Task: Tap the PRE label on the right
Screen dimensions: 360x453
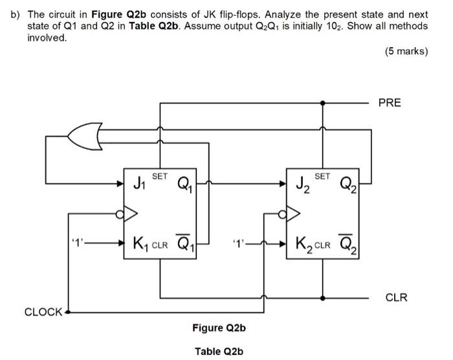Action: (x=390, y=102)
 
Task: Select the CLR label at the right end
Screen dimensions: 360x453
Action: (x=396, y=297)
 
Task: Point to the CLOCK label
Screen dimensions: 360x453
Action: (x=43, y=312)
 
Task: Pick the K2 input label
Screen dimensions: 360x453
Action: (x=304, y=244)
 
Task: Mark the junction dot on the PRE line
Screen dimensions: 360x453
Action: (x=322, y=102)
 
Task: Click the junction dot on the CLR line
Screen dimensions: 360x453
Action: (x=322, y=297)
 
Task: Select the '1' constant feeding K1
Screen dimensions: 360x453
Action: (x=78, y=244)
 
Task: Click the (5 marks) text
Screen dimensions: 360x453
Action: (x=406, y=51)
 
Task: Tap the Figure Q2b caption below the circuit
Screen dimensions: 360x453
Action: (x=219, y=328)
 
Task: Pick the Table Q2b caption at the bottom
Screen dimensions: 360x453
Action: (x=219, y=351)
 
